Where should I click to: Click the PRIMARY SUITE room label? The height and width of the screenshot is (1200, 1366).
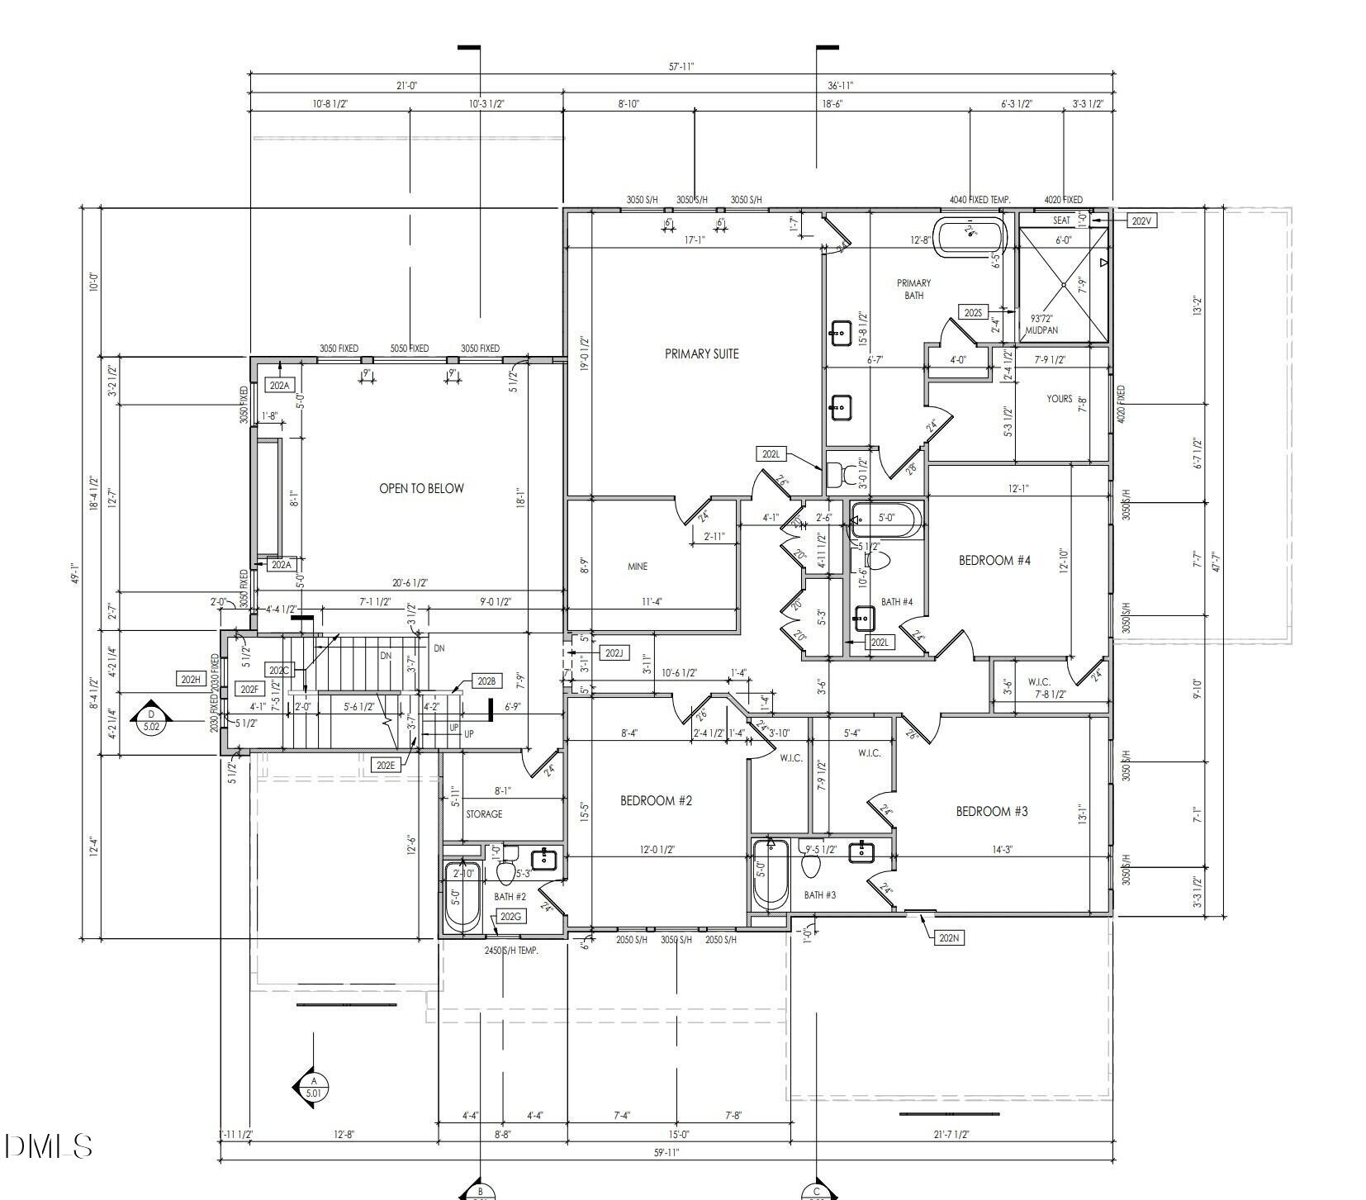pos(701,353)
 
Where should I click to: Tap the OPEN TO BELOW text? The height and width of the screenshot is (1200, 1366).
pos(421,488)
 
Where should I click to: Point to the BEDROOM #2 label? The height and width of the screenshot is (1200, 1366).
pos(656,800)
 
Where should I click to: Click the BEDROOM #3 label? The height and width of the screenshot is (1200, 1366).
pos(991,811)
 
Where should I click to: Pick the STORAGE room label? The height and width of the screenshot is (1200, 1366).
pos(484,814)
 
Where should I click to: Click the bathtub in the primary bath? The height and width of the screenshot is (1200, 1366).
pos(970,236)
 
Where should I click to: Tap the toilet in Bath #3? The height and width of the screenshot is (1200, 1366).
pos(811,865)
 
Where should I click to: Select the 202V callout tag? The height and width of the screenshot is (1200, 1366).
pos(1141,221)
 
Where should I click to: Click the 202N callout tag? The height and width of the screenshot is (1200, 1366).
pos(949,937)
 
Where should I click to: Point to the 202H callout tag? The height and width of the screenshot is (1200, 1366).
pos(190,679)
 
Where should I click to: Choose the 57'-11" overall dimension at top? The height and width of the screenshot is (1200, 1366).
pos(681,67)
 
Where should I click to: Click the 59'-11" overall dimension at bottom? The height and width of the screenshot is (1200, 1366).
pos(665,1153)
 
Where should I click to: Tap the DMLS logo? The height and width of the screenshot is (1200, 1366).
pos(47,1145)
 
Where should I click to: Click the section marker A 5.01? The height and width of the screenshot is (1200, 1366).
pos(313,1087)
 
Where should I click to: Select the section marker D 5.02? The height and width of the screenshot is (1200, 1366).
pos(151,721)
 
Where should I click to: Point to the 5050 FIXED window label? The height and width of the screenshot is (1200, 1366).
pos(410,349)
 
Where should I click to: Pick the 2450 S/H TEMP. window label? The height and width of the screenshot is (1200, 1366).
pos(511,951)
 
